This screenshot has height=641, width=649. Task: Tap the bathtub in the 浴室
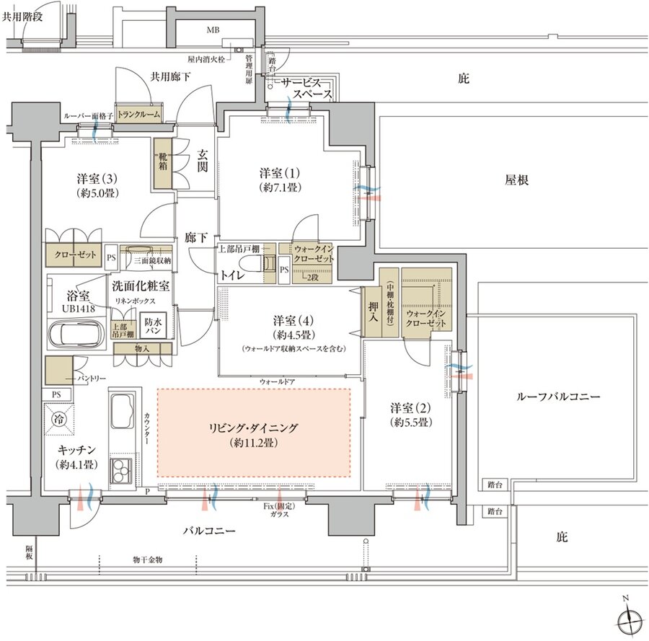point(74,334)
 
